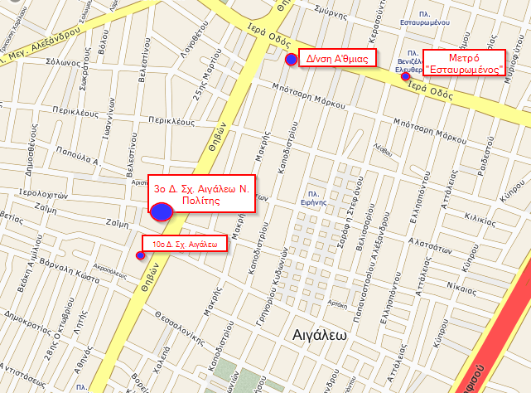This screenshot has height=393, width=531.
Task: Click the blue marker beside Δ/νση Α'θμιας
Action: (x=291, y=60)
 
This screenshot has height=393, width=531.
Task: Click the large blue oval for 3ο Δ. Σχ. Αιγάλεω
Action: (x=162, y=211)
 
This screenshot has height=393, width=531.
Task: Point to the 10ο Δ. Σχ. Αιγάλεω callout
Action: (x=185, y=244)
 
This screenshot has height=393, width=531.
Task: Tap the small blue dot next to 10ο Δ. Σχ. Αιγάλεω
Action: (x=140, y=255)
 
